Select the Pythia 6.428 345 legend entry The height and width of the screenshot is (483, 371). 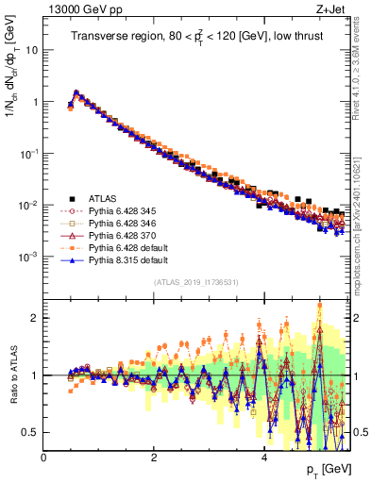click(117, 211)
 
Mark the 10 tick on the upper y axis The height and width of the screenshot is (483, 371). click(31, 51)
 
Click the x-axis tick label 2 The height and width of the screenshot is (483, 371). click(154, 458)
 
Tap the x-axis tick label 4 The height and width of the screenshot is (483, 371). click(264, 458)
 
